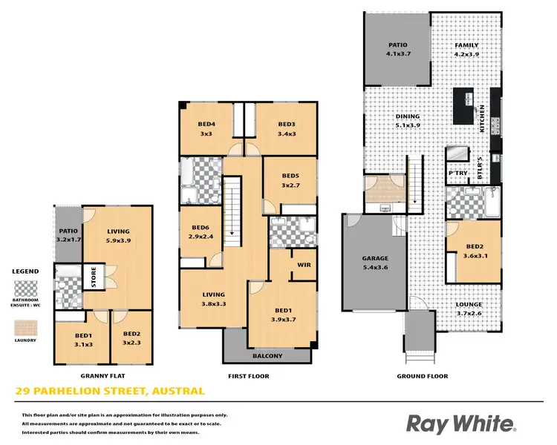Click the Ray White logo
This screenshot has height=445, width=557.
pyautogui.click(x=460, y=423)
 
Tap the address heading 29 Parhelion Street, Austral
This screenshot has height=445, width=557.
pyautogui.click(x=111, y=391)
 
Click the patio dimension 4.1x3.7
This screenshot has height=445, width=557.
pyautogui.click(x=397, y=54)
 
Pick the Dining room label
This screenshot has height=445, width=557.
pyautogui.click(x=408, y=116)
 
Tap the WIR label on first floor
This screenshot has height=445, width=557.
pyautogui.click(x=304, y=263)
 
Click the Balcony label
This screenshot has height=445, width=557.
pyautogui.click(x=267, y=355)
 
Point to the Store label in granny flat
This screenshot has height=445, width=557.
pyautogui.click(x=94, y=277)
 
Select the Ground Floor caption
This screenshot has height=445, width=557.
pyautogui.click(x=422, y=376)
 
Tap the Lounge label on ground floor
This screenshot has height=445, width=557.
pyautogui.click(x=469, y=304)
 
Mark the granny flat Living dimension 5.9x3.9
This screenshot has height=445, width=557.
pyautogui.click(x=118, y=240)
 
